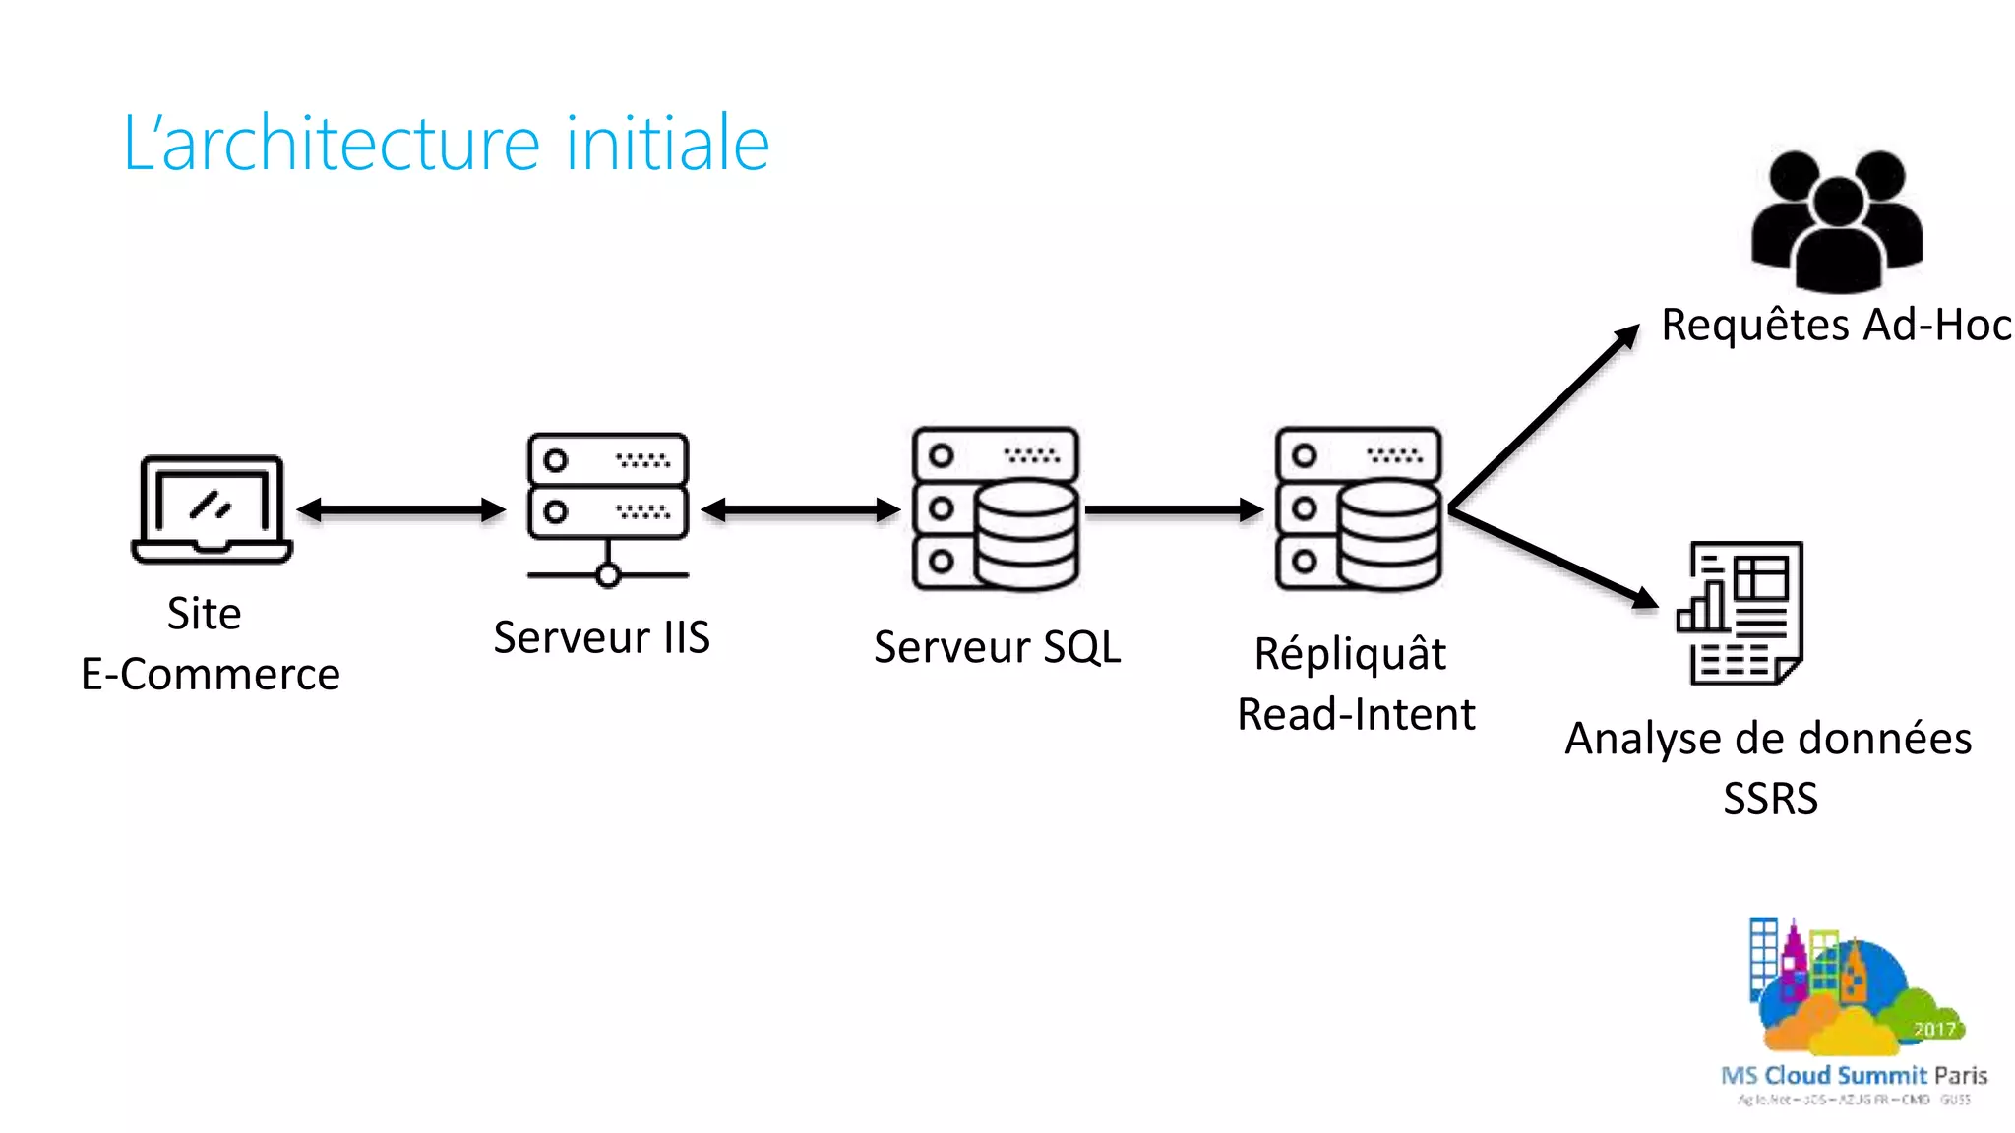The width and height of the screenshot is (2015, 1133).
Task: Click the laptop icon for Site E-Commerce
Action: pyautogui.click(x=212, y=509)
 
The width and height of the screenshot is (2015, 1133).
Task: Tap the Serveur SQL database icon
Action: pyautogui.click(x=996, y=508)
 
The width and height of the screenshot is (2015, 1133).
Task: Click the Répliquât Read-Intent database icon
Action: pyautogui.click(x=1359, y=508)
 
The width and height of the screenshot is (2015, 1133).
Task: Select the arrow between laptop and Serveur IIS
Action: pyautogui.click(x=401, y=509)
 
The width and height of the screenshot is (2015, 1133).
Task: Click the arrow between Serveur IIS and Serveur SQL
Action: pyautogui.click(x=801, y=509)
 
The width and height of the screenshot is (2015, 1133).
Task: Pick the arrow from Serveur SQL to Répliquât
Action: pyautogui.click(x=1174, y=509)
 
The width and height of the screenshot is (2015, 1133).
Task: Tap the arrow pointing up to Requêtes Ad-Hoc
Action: pyautogui.click(x=1545, y=418)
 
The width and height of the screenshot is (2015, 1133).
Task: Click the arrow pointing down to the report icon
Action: pyautogui.click(x=1555, y=558)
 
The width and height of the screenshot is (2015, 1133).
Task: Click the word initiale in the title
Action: pyautogui.click(x=668, y=144)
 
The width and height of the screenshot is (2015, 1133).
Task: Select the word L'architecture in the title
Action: pyautogui.click(x=331, y=144)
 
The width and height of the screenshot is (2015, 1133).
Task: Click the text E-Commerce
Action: pyautogui.click(x=211, y=675)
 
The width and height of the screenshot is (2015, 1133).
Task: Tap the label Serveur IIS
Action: pyautogui.click(x=602, y=637)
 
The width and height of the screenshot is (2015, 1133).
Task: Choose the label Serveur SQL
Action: pyautogui.click(x=997, y=647)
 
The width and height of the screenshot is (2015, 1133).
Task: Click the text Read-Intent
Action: pyautogui.click(x=1356, y=714)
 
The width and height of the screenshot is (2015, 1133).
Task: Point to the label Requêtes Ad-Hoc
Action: pyautogui.click(x=1836, y=325)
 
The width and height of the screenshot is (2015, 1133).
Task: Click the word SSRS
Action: pyautogui.click(x=1770, y=798)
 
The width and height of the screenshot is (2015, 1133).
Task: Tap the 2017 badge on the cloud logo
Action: pyautogui.click(x=1934, y=1029)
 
